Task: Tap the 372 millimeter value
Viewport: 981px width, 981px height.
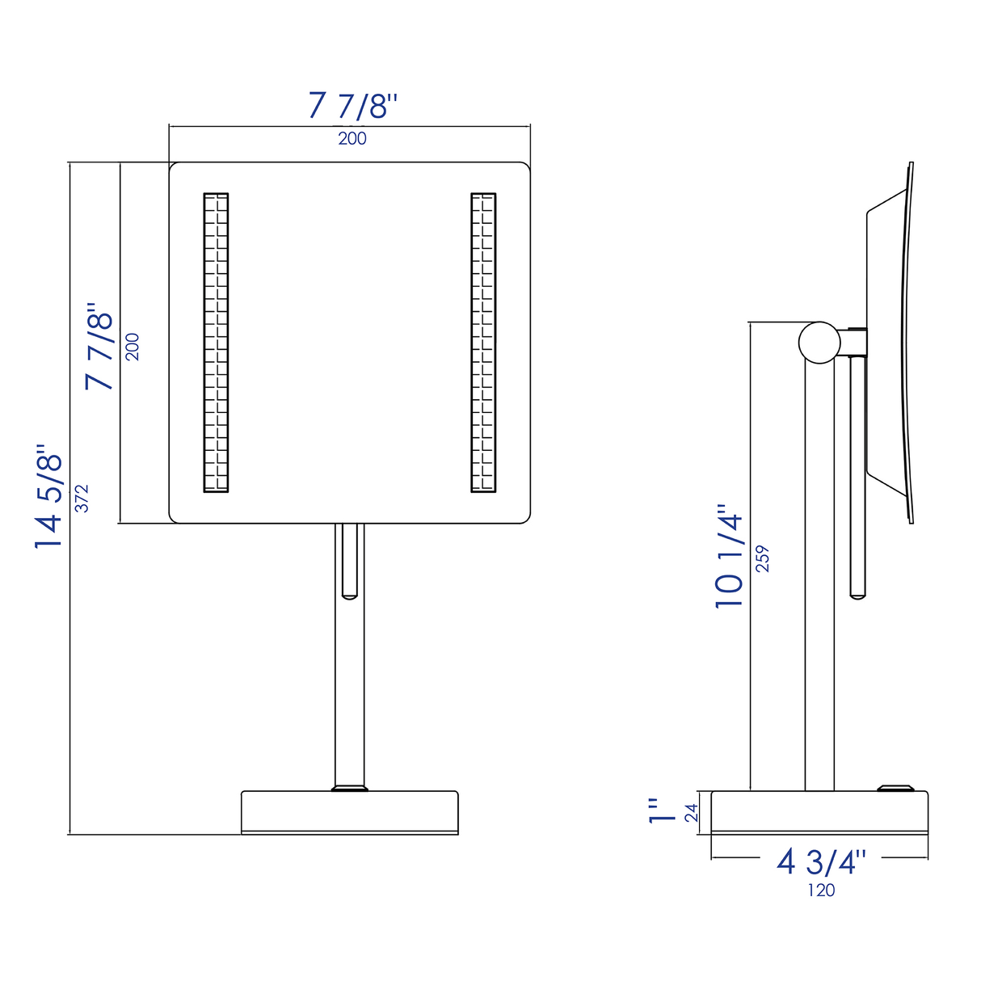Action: [82, 498]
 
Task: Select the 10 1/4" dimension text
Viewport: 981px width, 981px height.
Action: [729, 557]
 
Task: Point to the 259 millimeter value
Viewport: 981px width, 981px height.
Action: [763, 558]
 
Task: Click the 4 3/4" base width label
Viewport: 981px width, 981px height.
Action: [821, 862]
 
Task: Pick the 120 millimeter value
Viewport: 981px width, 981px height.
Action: [821, 890]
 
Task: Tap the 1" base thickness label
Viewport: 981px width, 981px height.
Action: [663, 811]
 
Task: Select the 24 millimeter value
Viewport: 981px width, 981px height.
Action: [692, 812]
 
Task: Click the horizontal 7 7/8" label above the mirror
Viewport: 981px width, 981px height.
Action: [352, 106]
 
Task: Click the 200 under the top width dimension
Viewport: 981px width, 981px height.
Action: [352, 139]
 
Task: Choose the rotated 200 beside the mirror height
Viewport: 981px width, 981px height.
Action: [133, 347]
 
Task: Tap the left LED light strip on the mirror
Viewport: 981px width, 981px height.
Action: [216, 343]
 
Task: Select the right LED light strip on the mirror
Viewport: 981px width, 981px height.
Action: [483, 343]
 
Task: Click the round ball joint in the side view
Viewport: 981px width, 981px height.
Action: [819, 342]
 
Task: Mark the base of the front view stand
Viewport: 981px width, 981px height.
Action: [350, 812]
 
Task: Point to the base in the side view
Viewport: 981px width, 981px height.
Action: [819, 812]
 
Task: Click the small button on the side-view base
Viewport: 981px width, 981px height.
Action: [895, 787]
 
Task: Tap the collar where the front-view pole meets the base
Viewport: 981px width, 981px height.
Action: [350, 788]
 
